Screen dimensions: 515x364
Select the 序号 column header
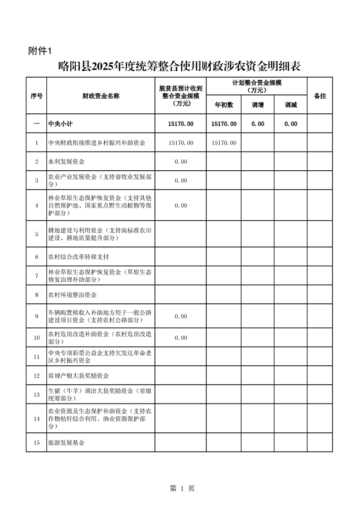click(x=36, y=96)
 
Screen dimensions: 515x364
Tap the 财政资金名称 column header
click(x=101, y=96)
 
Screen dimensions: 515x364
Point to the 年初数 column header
click(x=224, y=105)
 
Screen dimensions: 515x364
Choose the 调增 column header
click(x=258, y=105)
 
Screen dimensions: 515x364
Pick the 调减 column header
click(x=291, y=105)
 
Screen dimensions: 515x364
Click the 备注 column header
click(x=319, y=96)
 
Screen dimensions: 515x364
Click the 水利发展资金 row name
click(x=67, y=162)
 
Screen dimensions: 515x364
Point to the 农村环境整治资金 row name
click(x=73, y=294)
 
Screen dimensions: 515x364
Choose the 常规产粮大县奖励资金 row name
click(x=78, y=375)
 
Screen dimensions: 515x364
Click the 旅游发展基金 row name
click(x=67, y=443)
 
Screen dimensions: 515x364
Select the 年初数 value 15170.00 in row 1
click(x=224, y=143)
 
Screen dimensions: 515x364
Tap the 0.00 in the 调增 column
click(x=258, y=124)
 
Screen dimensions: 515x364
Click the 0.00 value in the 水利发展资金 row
click(x=181, y=162)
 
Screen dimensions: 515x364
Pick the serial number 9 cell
click(x=36, y=316)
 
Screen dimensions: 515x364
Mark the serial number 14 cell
click(x=36, y=418)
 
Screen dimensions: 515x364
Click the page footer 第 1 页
click(x=182, y=488)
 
